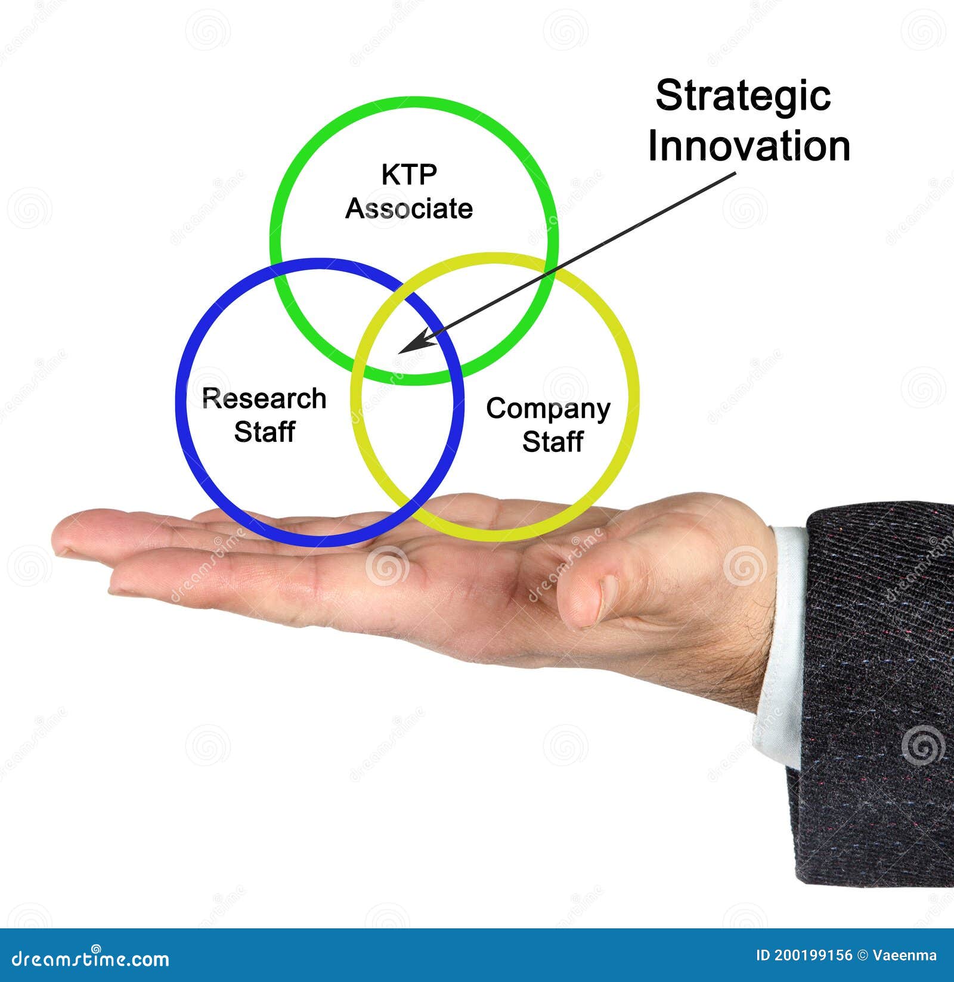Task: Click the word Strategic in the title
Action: [742, 97]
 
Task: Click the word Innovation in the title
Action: [749, 147]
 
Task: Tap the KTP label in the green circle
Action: [409, 175]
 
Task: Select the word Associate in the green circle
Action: [409, 209]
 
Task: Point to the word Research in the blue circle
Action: [264, 399]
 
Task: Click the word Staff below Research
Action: [264, 432]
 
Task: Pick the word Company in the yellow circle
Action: [548, 409]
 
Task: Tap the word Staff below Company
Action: [552, 442]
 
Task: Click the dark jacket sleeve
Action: [876, 686]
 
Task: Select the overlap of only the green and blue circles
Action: [322, 310]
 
